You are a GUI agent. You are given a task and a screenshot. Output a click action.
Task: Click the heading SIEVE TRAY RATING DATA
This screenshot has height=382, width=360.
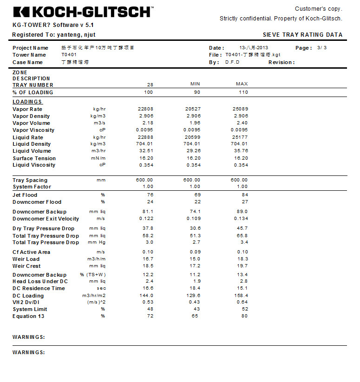click(x=302, y=35)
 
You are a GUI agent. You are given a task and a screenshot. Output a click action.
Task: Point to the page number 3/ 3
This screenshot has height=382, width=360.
click(x=322, y=48)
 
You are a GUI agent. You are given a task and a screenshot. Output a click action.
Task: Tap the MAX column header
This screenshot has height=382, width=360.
click(x=242, y=84)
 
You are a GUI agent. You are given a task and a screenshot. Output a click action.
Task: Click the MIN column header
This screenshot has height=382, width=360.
click(x=196, y=84)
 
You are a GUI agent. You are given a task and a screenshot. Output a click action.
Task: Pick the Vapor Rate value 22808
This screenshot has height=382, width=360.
click(x=145, y=109)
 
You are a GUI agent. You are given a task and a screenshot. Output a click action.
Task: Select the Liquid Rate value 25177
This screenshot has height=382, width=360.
click(x=240, y=137)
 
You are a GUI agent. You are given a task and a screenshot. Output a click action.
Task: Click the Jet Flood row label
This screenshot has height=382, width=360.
click(x=25, y=195)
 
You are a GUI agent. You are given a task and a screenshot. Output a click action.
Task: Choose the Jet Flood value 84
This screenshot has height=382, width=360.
click(x=245, y=195)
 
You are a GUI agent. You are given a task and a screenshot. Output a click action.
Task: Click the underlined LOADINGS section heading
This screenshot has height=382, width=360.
click(x=27, y=102)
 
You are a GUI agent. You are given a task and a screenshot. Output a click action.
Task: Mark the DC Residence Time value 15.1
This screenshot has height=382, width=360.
click(x=242, y=288)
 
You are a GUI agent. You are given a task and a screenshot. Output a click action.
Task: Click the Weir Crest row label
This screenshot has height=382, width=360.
click(x=26, y=266)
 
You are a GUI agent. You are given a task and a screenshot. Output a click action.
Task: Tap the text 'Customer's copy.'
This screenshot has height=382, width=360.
click(x=318, y=9)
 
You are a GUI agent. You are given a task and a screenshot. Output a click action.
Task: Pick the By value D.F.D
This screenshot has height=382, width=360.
click(x=232, y=62)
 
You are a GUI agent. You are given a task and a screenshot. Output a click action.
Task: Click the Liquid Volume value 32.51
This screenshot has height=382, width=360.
click(x=146, y=151)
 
